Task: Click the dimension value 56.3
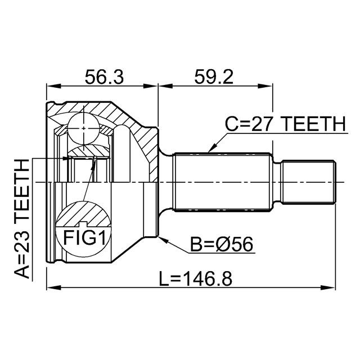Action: [103, 77]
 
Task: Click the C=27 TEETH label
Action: [285, 123]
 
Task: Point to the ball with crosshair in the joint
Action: [84, 128]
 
